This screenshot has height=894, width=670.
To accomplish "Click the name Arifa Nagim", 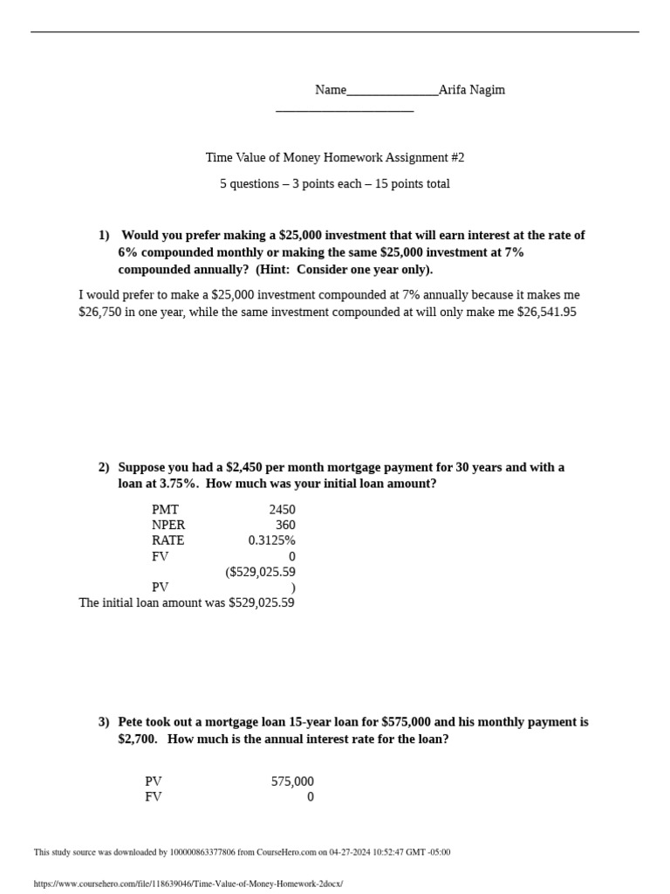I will [471, 90].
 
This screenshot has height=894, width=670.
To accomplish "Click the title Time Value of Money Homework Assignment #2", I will [335, 158].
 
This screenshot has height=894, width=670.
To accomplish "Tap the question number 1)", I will [104, 235].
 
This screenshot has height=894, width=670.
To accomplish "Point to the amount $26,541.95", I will [546, 312].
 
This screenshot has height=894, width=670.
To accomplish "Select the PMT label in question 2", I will [165, 510].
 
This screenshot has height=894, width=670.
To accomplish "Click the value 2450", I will [283, 510].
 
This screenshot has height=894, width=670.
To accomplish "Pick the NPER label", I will [168, 525].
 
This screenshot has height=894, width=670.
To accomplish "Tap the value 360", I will [285, 525].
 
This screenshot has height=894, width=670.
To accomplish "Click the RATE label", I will [167, 540].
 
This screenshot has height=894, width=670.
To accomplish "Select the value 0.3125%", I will [271, 540].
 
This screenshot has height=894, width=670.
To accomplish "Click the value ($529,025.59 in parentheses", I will [260, 572].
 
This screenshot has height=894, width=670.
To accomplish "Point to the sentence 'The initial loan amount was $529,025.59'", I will [187, 602].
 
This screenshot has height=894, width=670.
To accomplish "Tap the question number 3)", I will [104, 722].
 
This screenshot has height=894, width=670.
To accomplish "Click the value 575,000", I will [292, 781].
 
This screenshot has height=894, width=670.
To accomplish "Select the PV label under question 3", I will [154, 781].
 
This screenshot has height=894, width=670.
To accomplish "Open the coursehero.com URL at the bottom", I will [188, 884].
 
